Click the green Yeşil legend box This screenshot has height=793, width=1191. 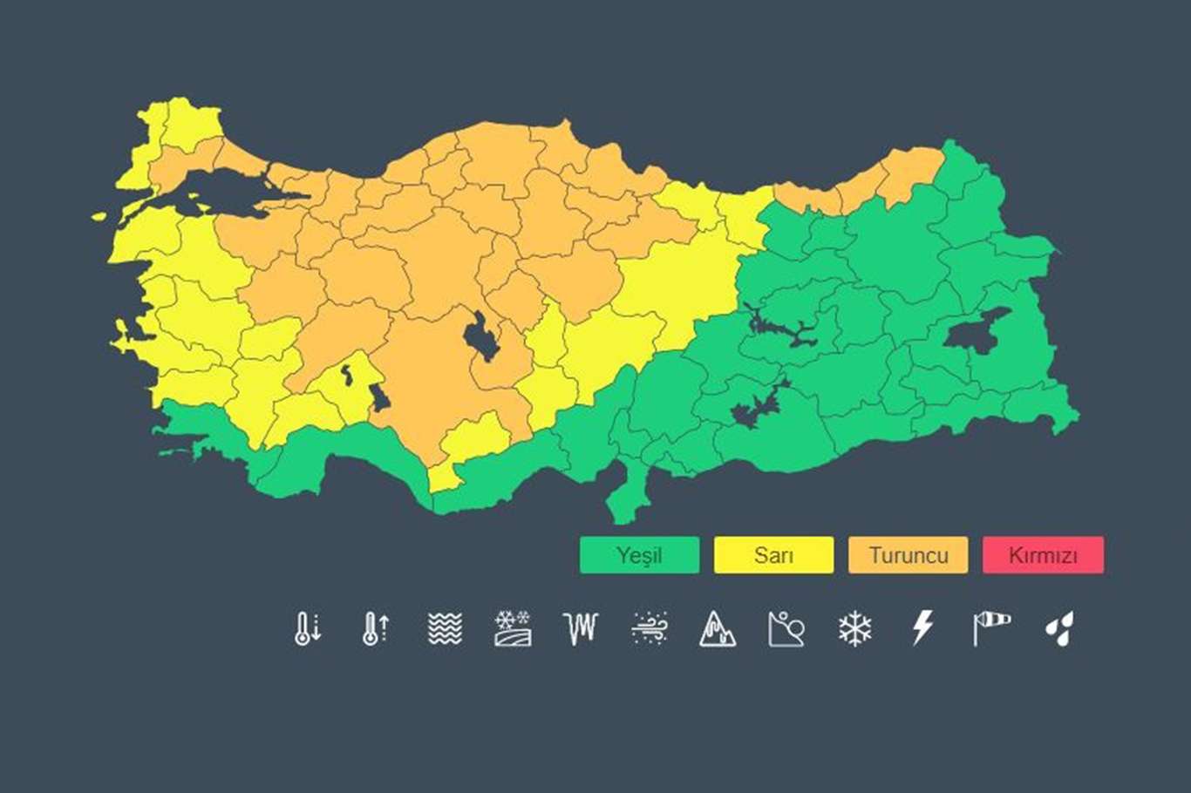tap(639, 555)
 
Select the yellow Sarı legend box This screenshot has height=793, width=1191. tap(773, 555)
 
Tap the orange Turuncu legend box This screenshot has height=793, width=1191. tap(908, 555)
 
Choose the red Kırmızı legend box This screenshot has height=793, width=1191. tap(1043, 555)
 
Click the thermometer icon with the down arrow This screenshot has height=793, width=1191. tap(307, 627)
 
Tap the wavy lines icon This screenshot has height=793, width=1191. tap(445, 627)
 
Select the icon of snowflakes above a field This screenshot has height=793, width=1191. tap(513, 627)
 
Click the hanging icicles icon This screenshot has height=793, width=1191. tap(582, 627)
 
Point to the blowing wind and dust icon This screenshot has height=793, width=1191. tap(650, 627)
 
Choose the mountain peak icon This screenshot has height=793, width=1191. tap(718, 627)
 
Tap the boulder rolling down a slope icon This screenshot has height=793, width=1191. tap(786, 627)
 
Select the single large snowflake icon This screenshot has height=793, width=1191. tap(854, 627)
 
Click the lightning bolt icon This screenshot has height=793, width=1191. tap(922, 627)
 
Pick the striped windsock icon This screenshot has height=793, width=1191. tap(991, 627)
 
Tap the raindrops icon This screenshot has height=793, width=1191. tap(1059, 627)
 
